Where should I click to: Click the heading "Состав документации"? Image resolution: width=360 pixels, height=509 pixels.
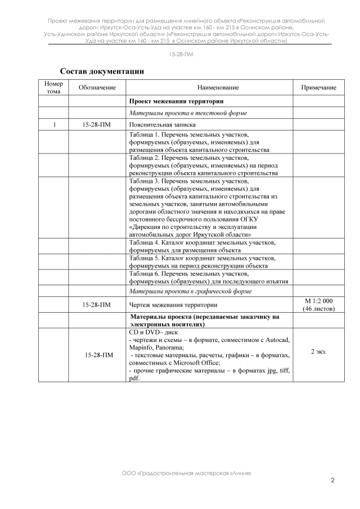102,71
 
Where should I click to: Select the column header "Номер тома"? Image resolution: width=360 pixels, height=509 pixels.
53,87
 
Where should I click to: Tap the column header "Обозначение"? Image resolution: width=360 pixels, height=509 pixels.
97,88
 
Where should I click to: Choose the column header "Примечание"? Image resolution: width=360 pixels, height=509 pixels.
319,88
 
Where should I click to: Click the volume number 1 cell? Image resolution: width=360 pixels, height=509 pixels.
53,125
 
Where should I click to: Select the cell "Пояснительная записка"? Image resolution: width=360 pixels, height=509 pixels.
162,125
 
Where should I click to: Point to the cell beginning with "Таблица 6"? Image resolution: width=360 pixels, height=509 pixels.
208,277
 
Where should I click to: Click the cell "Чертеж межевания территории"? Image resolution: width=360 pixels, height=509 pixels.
173,305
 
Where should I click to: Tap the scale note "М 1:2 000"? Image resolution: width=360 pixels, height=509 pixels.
318,301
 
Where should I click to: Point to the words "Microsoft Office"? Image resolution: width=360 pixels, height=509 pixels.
183,363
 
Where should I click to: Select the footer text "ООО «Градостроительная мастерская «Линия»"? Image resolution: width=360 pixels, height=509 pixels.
186,473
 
